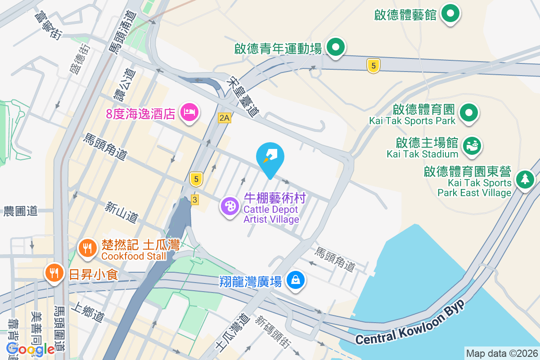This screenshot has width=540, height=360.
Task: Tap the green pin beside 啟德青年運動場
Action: click(x=335, y=47)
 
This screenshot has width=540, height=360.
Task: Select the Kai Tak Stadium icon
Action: click(x=472, y=146)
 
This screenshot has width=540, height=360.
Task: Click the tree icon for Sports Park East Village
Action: click(x=525, y=180)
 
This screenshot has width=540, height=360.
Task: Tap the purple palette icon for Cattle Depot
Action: click(x=230, y=207)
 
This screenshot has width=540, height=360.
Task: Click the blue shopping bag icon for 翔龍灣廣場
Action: click(x=297, y=280)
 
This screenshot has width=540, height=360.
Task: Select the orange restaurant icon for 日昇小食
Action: click(x=54, y=273)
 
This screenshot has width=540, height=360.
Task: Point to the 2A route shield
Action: click(x=224, y=118)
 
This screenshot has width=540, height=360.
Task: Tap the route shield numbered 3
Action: click(x=195, y=199)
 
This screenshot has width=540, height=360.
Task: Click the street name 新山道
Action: click(x=121, y=212)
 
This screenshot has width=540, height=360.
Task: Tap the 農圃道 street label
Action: click(x=21, y=211)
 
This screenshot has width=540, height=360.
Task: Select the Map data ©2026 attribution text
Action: click(x=501, y=353)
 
